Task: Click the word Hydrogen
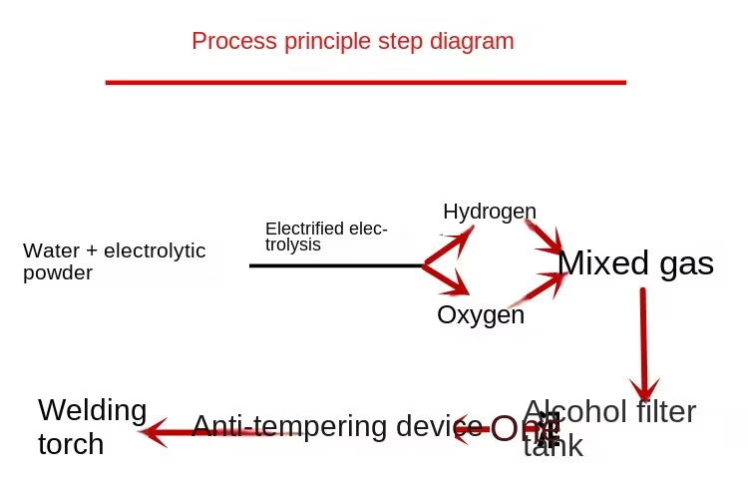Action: click(490, 212)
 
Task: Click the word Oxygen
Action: click(481, 315)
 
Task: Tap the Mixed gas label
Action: click(635, 262)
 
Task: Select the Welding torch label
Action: click(92, 426)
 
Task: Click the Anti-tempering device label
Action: click(330, 426)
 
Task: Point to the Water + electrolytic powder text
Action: click(114, 260)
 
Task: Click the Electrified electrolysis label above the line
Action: click(325, 237)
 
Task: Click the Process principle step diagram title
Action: click(353, 42)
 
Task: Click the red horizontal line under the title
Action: click(365, 82)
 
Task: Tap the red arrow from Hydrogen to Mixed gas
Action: click(544, 237)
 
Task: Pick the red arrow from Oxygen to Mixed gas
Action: click(539, 289)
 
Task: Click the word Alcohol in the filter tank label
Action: click(572, 411)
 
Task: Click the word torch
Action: click(71, 443)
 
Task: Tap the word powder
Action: click(58, 272)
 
